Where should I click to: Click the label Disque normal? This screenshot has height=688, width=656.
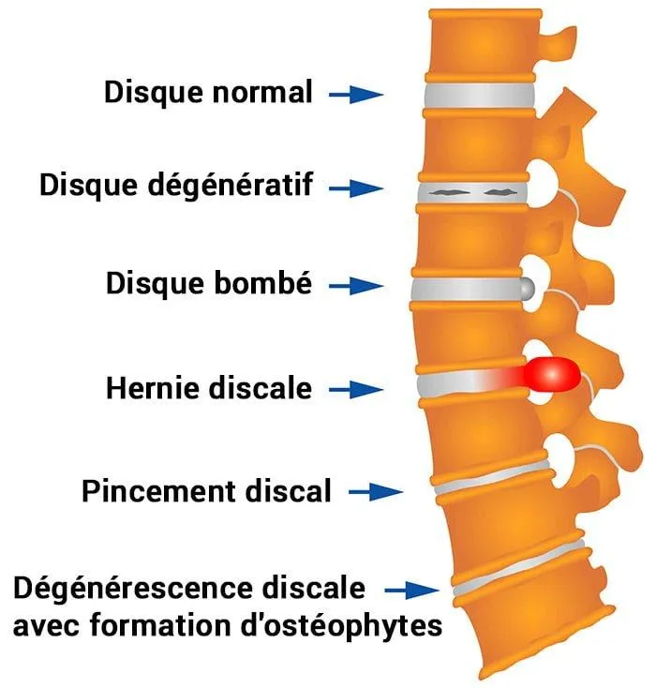coord(207,93)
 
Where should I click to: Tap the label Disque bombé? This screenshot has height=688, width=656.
coord(208,282)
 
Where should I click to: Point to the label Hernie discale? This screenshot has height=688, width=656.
coord(208,386)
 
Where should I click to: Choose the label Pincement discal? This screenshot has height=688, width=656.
coord(206,490)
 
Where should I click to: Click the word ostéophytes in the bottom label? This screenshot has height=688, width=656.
coord(366,624)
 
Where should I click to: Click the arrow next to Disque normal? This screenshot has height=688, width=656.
coord(355,94)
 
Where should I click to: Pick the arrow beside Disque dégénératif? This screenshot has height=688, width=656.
coord(355,187)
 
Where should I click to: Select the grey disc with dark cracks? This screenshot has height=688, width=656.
coord(472,191)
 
